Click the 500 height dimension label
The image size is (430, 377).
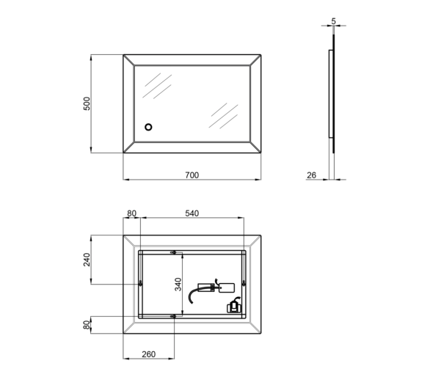point(87,103)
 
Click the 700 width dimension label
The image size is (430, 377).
point(192,175)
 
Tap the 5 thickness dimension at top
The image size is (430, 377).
point(333,21)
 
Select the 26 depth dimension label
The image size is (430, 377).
point(311,175)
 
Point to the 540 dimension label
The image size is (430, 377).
point(192,213)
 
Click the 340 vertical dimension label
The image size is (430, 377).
point(178,285)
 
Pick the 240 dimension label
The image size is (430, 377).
point(87,260)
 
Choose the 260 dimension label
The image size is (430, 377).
point(149,354)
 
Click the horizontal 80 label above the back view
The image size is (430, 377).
point(131,213)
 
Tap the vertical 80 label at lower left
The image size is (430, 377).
point(87,325)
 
